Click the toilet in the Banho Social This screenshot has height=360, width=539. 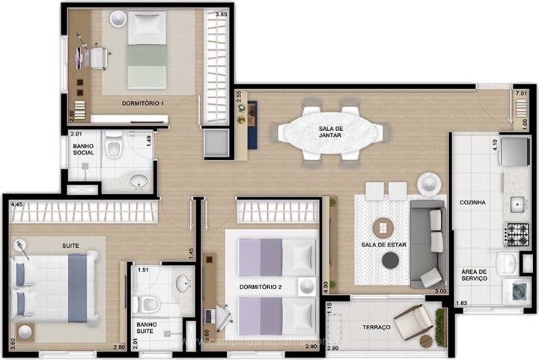pos(113,147)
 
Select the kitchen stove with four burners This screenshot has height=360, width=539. pos(516,232)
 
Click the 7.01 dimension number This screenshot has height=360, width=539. pos(521,93)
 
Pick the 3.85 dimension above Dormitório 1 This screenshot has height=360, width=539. pos(221,15)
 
